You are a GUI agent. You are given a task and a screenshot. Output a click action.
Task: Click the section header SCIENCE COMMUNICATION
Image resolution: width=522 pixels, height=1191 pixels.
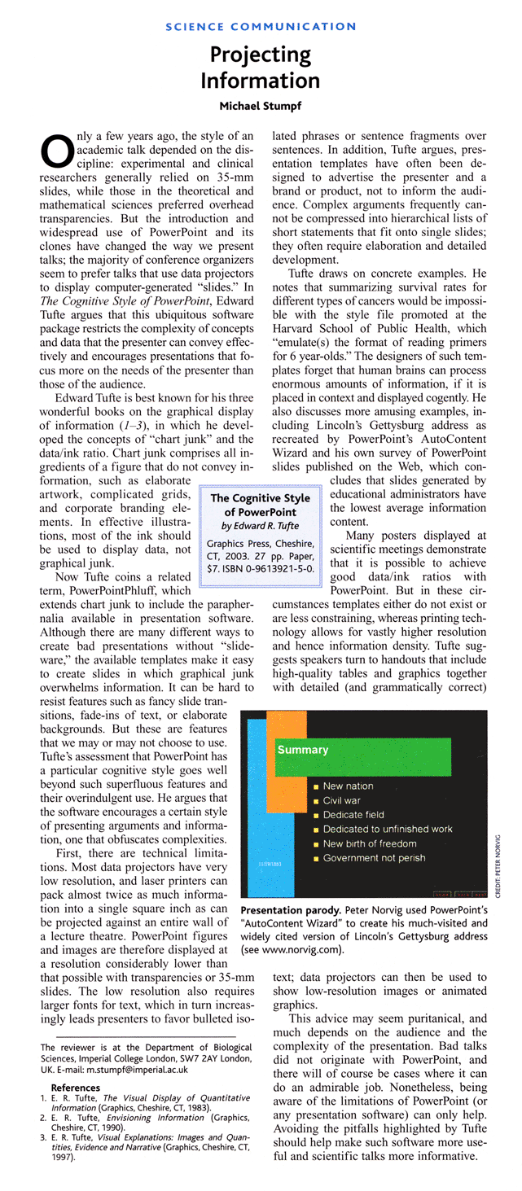(261, 27)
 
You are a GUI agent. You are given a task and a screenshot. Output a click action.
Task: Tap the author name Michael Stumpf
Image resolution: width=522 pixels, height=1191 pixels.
(261, 106)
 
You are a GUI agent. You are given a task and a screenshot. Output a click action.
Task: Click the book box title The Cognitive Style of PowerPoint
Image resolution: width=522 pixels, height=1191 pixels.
(261, 505)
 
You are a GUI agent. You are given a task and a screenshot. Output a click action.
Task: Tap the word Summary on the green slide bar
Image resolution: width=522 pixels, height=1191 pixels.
(303, 750)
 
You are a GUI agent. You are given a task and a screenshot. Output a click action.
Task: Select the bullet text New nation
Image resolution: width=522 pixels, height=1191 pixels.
(348, 786)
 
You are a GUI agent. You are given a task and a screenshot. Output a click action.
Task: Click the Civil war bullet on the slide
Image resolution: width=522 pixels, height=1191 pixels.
(341, 800)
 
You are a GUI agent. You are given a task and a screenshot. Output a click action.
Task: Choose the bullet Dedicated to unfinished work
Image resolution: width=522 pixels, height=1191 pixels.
(387, 829)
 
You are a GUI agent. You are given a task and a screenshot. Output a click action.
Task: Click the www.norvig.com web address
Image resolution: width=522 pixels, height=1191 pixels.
(304, 950)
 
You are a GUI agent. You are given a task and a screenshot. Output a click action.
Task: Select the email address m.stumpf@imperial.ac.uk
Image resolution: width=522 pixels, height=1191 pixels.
(139, 1069)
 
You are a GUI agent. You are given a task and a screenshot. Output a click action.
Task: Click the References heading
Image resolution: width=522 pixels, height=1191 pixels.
(76, 1088)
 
